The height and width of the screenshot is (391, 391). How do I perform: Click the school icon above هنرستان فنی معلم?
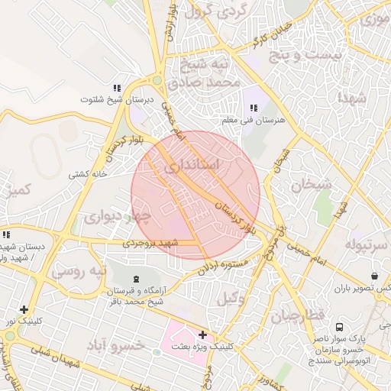click(x=254, y=108)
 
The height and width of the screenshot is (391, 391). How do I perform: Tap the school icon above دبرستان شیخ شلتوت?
click(x=117, y=88)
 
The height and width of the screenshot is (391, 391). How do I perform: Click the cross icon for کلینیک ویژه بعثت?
click(x=202, y=334)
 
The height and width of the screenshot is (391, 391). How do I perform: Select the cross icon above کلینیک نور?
click(x=24, y=310)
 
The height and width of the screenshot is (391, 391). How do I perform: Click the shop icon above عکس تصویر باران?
click(x=374, y=276)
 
